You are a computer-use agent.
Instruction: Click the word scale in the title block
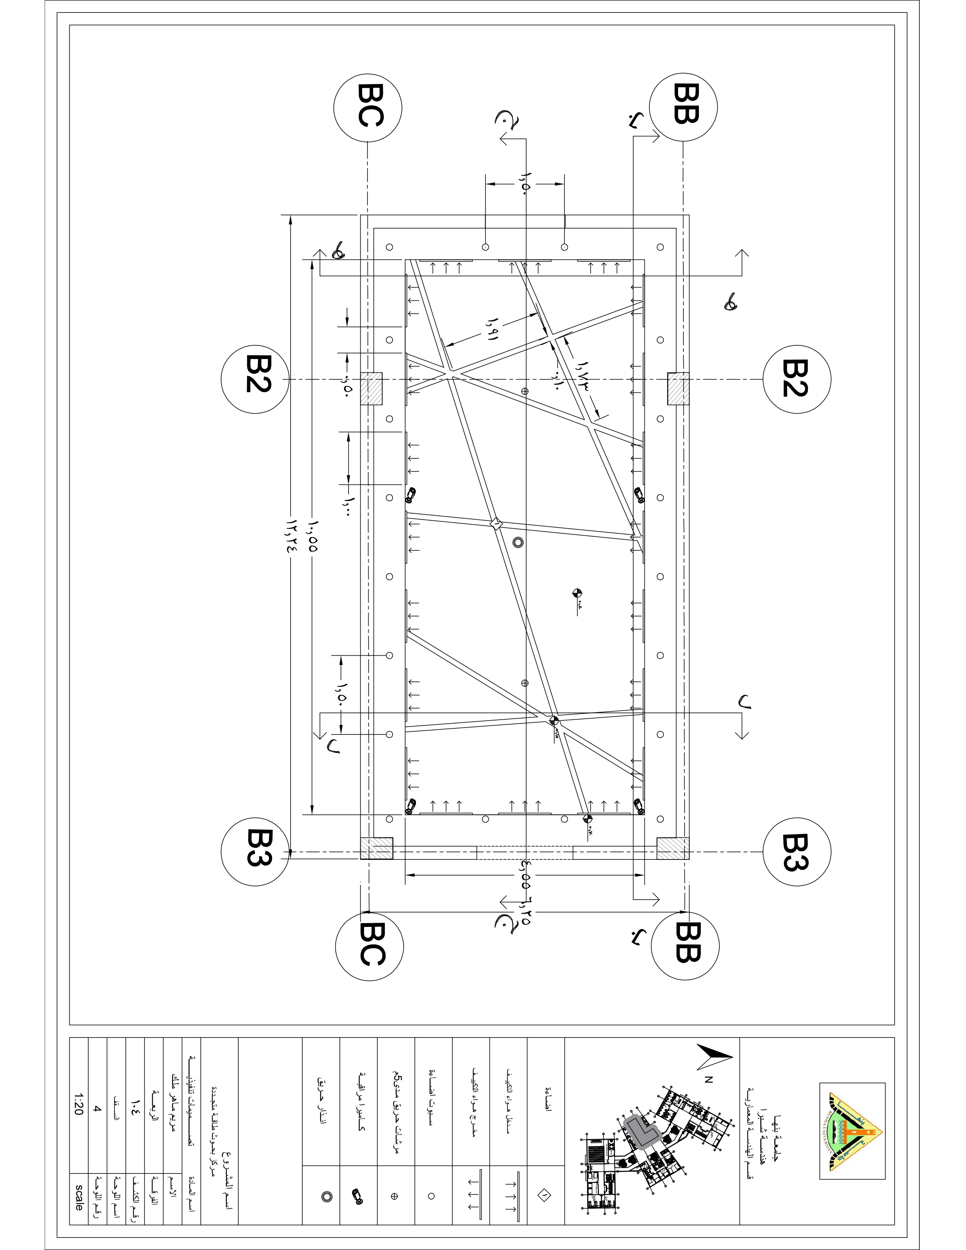pos(79,1195)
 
